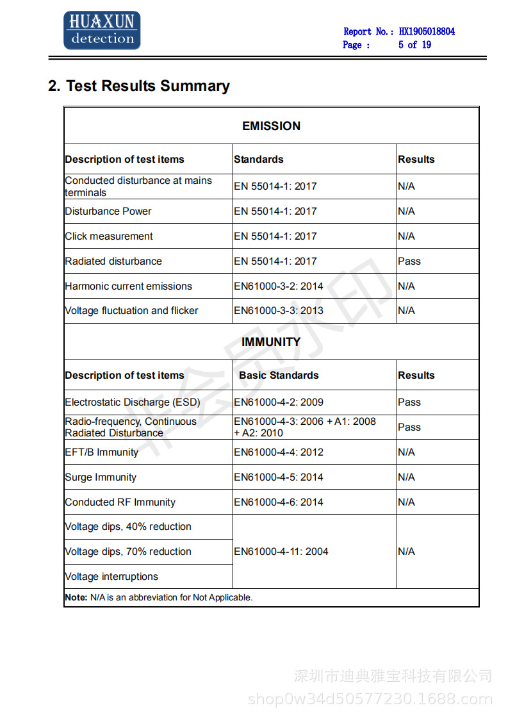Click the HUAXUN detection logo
[102, 31]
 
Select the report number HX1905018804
[427, 31]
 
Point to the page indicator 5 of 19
[414, 45]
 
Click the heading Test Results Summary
[139, 86]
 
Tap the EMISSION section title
[271, 126]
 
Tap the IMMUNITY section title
[271, 342]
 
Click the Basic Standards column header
[279, 376]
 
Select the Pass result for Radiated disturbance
[409, 261]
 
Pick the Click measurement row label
[109, 236]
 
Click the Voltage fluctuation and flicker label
[131, 311]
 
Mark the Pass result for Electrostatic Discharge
[409, 402]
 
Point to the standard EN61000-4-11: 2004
[281, 552]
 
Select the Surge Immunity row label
[101, 477]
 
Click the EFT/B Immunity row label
[101, 452]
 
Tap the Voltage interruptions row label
[111, 577]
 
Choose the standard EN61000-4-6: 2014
[279, 502]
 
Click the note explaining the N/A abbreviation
[159, 598]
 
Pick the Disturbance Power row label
[108, 211]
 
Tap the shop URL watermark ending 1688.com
[370, 699]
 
